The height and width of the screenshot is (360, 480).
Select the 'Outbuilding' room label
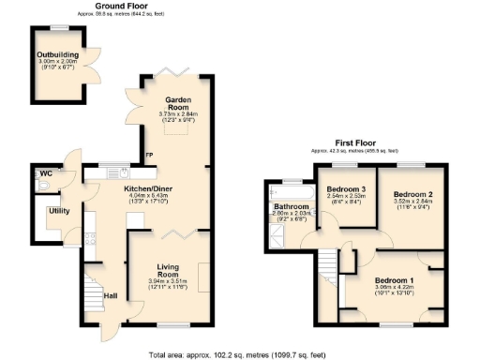[x=57, y=55]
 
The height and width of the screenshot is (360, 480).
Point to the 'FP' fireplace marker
[x=148, y=155]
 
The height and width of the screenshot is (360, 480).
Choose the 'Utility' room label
[x=59, y=211]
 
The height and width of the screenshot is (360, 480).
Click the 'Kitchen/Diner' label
[x=150, y=189]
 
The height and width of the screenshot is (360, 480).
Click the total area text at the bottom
[x=241, y=353]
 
